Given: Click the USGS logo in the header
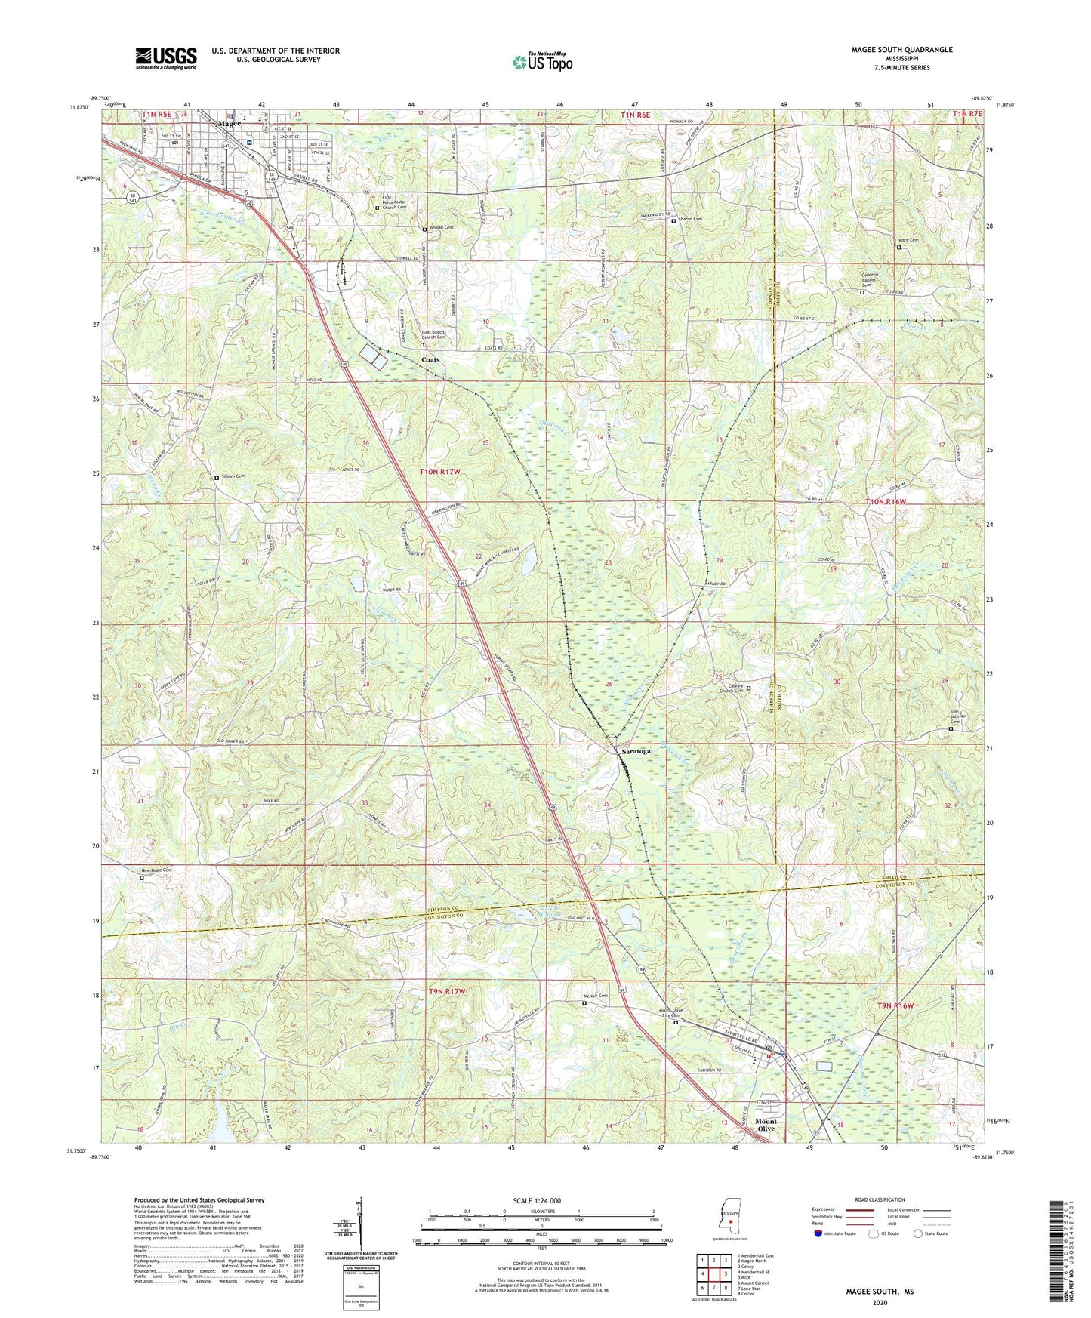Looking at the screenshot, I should click(166, 57).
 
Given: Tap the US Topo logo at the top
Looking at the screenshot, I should click(541, 61).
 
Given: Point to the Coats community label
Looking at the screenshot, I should click(431, 359).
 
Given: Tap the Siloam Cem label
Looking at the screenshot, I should click(233, 476).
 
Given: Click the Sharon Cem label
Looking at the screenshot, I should click(690, 220).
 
